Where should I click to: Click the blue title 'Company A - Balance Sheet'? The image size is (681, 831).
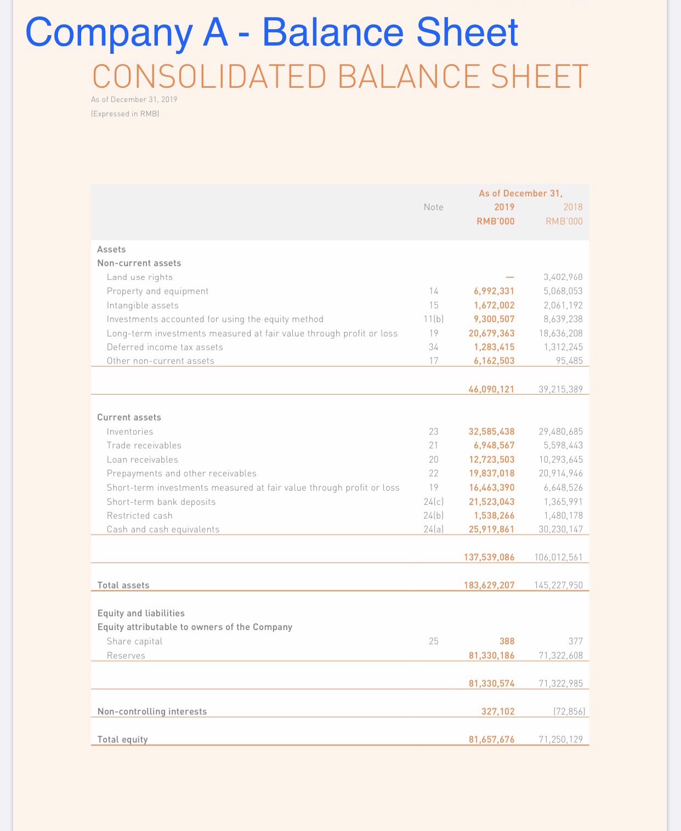pyautogui.click(x=271, y=32)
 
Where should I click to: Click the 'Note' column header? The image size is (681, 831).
pyautogui.click(x=433, y=207)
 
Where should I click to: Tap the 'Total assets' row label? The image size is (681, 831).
pyautogui.click(x=123, y=585)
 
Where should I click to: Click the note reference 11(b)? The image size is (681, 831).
pyautogui.click(x=433, y=319)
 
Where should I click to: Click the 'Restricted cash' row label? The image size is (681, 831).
pyautogui.click(x=140, y=515)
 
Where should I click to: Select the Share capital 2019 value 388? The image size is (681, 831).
pyautogui.click(x=507, y=641)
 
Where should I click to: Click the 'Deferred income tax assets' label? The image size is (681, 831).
pyautogui.click(x=165, y=347)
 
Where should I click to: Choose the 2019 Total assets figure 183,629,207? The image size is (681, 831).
pyautogui.click(x=489, y=585)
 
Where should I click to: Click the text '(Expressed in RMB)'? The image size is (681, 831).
pyautogui.click(x=125, y=114)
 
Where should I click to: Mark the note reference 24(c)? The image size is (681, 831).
pyautogui.click(x=433, y=502)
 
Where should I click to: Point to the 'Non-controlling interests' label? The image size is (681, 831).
pyautogui.click(x=152, y=711)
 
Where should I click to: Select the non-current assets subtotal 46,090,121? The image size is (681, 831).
pyautogui.click(x=491, y=389)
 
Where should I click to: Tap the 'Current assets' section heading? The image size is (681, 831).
pyautogui.click(x=129, y=417)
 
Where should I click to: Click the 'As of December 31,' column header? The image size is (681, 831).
pyautogui.click(x=520, y=193)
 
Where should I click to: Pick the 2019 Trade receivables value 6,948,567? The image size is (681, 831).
pyautogui.click(x=494, y=445)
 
